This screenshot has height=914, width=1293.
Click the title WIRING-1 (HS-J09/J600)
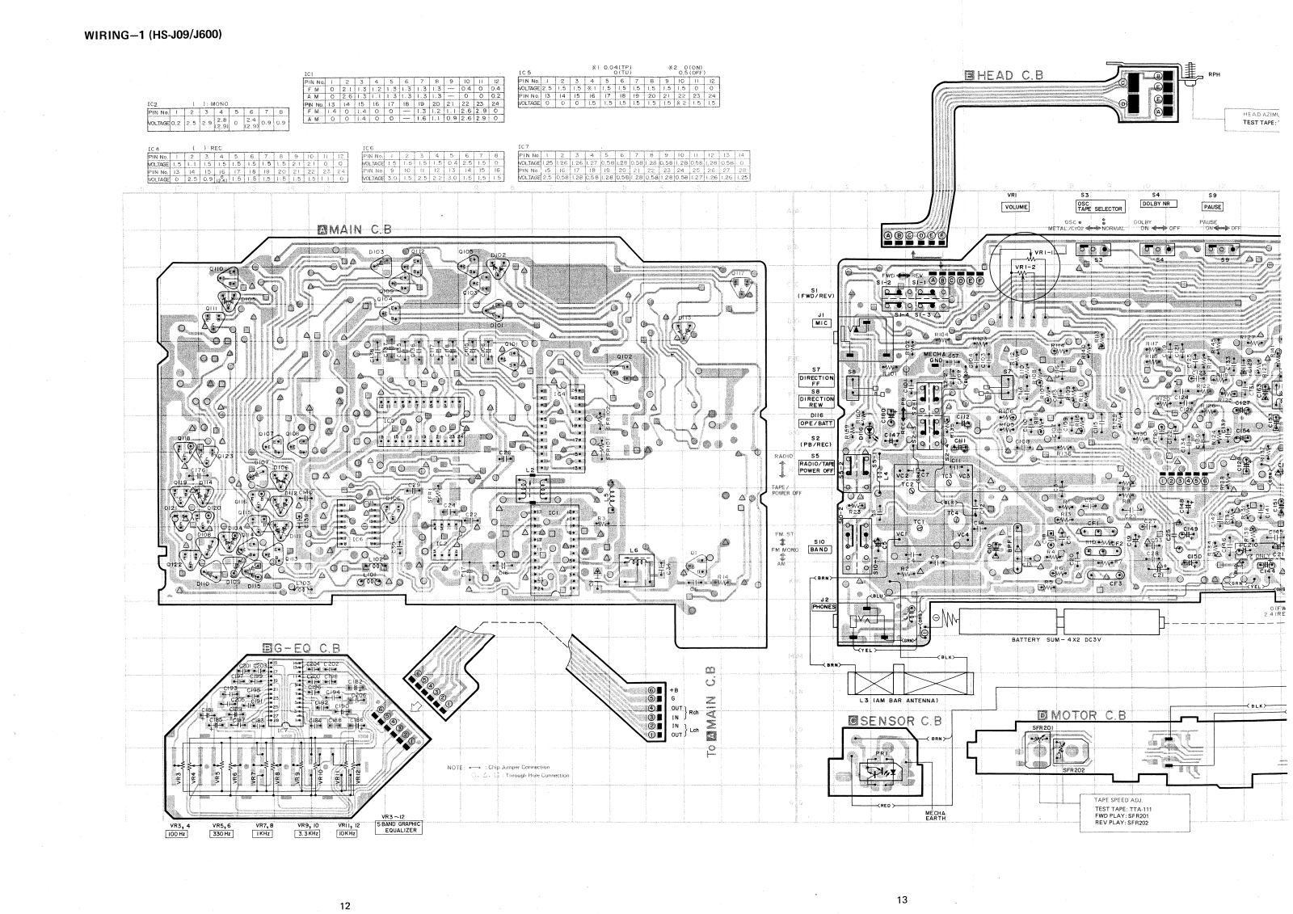153,35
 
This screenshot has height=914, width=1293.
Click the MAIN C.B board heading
355,229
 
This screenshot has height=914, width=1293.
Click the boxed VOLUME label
1015,207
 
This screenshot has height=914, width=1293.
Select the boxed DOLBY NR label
1158,204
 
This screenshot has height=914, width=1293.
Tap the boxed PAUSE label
1212,207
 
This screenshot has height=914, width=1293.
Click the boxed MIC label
821,323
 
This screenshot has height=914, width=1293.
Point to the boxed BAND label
819,550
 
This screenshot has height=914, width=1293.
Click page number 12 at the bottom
345,905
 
